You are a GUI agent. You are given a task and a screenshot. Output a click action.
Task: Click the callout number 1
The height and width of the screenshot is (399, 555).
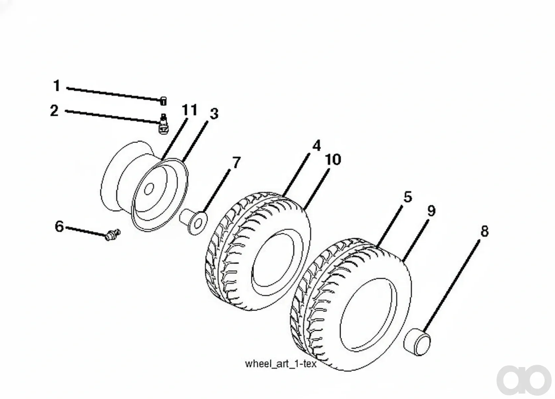coord(57,86)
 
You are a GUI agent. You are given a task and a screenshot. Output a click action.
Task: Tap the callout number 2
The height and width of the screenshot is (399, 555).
coord(54,110)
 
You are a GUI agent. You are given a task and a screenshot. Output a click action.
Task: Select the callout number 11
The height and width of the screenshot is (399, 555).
coord(190,110)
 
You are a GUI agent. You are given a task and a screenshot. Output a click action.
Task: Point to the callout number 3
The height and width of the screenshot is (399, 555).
coord(214,114)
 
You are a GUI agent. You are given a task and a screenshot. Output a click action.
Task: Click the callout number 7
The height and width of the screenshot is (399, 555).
coord(236,163)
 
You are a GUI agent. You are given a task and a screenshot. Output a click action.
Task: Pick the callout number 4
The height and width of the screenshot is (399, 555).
coord(316,146)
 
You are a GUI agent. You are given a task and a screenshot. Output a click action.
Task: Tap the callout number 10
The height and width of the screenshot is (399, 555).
coord(333,159)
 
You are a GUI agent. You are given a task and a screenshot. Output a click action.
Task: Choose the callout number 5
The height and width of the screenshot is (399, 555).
coord(408,197)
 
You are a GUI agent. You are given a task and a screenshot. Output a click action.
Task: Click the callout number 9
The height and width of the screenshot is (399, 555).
coord(431,211)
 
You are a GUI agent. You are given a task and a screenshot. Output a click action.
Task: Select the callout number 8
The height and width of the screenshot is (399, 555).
coord(484,231)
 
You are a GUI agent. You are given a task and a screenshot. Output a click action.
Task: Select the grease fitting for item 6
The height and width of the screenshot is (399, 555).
coord(112,234)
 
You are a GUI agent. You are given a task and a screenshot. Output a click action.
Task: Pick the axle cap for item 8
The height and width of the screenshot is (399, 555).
coord(417,342)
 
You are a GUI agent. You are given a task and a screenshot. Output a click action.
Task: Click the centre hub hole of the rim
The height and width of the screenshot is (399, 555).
coord(149,189)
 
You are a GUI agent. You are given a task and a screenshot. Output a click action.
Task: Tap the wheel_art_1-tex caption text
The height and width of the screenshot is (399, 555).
coord(281,364)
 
